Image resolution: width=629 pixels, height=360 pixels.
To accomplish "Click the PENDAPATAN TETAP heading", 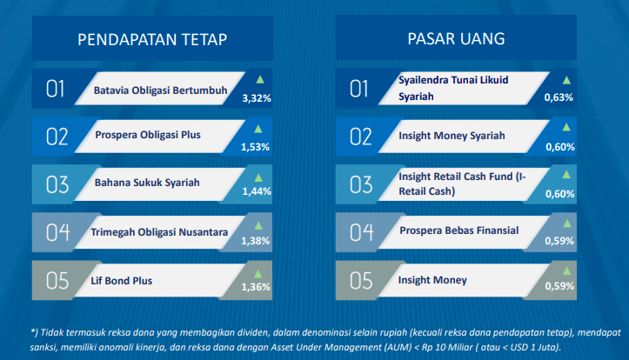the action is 152,40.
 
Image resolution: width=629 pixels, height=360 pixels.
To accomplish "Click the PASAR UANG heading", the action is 456,39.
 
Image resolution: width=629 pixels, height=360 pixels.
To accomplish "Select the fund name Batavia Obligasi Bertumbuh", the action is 160,90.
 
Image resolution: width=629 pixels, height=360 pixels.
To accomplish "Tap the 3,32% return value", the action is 257,98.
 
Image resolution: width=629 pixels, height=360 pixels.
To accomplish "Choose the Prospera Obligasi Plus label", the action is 148,135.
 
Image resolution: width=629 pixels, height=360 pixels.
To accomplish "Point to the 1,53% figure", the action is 255,147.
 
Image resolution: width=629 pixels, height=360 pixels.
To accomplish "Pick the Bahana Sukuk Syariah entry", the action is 147,183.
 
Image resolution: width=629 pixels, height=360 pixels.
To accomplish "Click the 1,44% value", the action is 257,191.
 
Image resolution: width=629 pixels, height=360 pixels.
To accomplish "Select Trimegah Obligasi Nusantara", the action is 159,232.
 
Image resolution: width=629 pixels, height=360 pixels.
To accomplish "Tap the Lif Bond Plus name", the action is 121,281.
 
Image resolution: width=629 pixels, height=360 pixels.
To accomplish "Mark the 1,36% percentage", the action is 256,287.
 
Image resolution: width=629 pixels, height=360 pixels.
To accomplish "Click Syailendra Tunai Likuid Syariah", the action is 453,88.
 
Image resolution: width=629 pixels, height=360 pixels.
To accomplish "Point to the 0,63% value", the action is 559,97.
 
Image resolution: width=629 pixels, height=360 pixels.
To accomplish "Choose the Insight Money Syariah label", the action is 452,136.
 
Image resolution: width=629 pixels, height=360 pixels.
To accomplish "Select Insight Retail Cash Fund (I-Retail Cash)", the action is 462,184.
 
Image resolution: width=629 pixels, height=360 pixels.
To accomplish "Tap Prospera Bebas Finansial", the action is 458,230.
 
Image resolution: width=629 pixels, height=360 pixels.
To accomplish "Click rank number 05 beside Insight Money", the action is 361,281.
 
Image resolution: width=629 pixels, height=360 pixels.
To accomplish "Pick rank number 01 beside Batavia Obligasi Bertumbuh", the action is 55,89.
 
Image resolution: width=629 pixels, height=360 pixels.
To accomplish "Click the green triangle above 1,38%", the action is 258,226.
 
